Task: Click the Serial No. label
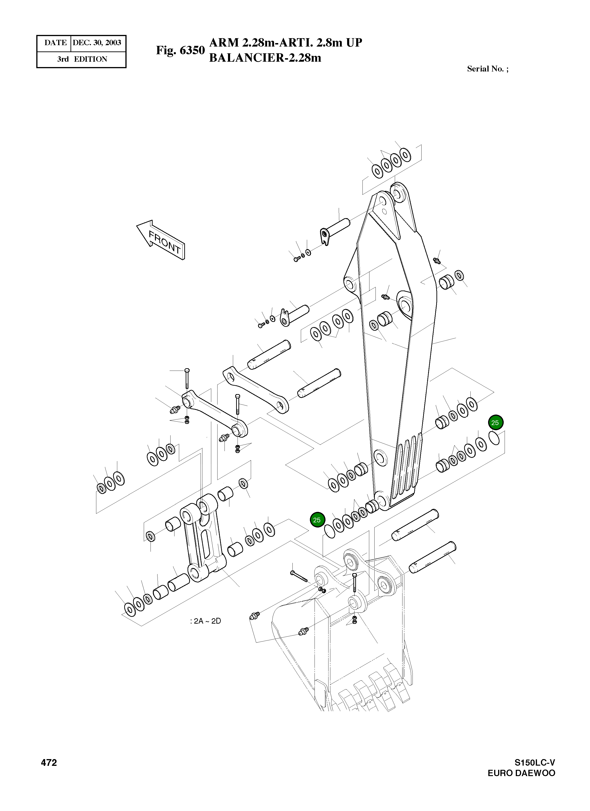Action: coord(487,69)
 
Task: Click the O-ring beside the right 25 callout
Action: coord(494,438)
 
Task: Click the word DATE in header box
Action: coord(55,43)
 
